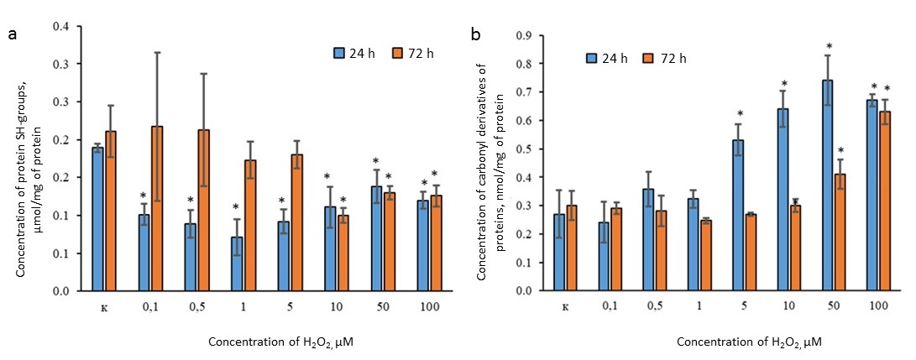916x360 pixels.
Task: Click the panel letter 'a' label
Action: [x=12, y=34]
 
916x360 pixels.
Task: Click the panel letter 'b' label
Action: [x=476, y=35]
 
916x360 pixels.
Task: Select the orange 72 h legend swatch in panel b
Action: [x=648, y=58]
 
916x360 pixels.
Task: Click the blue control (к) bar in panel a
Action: [x=97, y=219]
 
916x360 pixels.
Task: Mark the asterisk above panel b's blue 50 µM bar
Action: [x=829, y=47]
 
